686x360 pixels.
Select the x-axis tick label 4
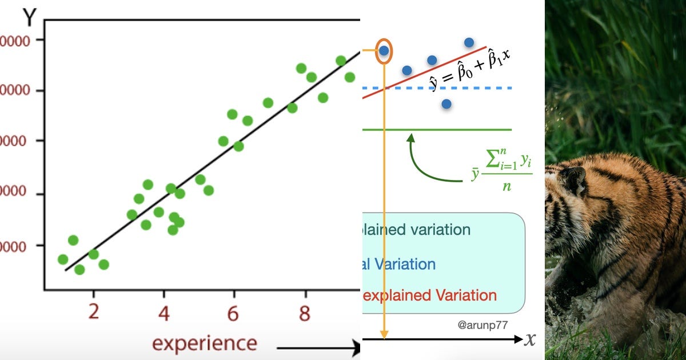pos(163,313)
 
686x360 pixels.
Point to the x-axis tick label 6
pos(233,313)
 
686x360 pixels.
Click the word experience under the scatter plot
pos(204,343)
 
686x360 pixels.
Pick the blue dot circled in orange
pos(384,51)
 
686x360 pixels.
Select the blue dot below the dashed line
pos(446,104)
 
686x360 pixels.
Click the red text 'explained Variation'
pos(429,295)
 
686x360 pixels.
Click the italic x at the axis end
pos(531,339)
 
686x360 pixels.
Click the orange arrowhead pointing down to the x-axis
pos(384,334)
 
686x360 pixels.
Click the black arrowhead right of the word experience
pos(355,347)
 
